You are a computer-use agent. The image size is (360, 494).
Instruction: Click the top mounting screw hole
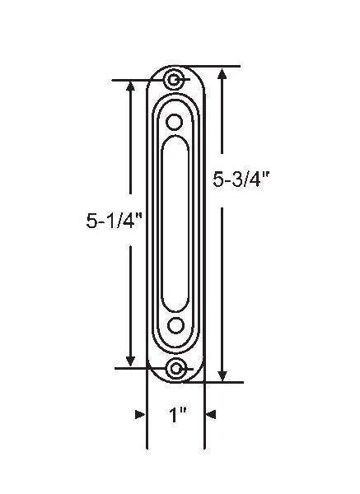coord(175,80)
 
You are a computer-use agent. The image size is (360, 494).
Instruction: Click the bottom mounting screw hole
coord(175,368)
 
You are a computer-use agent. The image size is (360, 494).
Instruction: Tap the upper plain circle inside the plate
coord(175,121)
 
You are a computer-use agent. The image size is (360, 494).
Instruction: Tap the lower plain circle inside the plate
coord(175,324)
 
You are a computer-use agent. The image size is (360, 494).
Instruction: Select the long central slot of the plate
coord(175,222)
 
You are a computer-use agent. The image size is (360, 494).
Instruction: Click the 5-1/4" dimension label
coord(114,220)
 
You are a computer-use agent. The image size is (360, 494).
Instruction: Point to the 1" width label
coord(175,417)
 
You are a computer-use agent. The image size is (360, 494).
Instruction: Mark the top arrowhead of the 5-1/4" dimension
coord(130,87)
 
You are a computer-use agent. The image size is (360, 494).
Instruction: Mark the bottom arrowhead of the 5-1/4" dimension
coord(130,361)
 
